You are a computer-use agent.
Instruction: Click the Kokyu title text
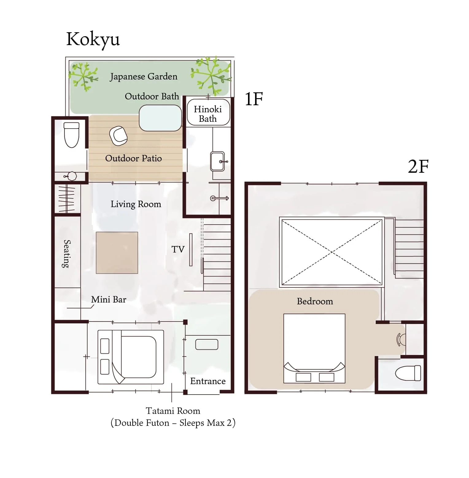point(93,40)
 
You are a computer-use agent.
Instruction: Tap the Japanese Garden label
point(144,76)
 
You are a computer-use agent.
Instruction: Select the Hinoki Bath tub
point(208,112)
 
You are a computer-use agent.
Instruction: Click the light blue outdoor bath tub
point(160,118)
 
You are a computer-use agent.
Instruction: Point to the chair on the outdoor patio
point(118,136)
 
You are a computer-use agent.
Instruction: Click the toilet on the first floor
point(72,135)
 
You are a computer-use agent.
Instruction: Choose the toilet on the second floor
point(408,373)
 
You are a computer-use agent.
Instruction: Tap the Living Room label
point(136,204)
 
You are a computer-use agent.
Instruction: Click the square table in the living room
point(117,253)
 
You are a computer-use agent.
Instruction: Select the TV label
point(178,249)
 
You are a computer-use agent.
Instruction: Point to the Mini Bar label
point(109,299)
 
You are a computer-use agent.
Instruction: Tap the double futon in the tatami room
point(131,357)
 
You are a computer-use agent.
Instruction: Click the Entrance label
point(208,381)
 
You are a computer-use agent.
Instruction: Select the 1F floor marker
point(254,99)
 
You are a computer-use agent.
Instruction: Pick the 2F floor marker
point(418,167)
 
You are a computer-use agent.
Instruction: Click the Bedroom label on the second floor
point(315,301)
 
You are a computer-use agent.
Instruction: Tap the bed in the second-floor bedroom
point(314,349)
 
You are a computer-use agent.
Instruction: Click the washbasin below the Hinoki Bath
point(218,161)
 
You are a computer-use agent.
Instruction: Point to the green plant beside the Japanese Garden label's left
point(83,76)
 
